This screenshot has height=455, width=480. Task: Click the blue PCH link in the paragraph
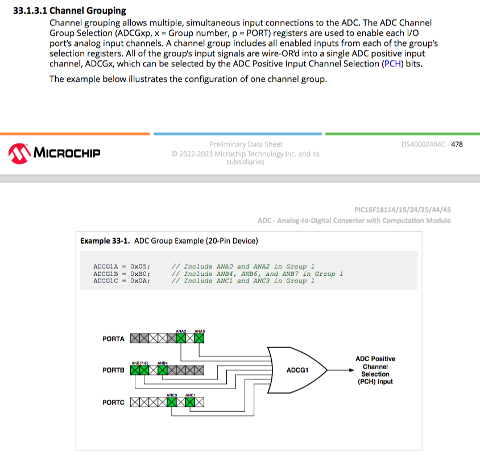pos(392,64)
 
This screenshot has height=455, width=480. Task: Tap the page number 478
pos(456,144)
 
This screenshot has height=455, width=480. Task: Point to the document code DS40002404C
pos(423,144)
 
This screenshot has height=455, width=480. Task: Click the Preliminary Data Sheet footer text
pos(246,144)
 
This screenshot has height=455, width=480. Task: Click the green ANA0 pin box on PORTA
pos(199,339)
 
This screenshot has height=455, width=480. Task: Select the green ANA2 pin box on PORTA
pos(181,339)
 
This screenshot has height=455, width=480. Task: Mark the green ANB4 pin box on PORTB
pos(163,370)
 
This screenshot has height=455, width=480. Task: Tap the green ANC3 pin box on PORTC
pos(172,402)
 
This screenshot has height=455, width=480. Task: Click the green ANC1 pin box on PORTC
pos(190,402)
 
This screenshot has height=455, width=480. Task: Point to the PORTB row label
pos(113,370)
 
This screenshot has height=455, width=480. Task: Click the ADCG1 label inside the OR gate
pos(297,370)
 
